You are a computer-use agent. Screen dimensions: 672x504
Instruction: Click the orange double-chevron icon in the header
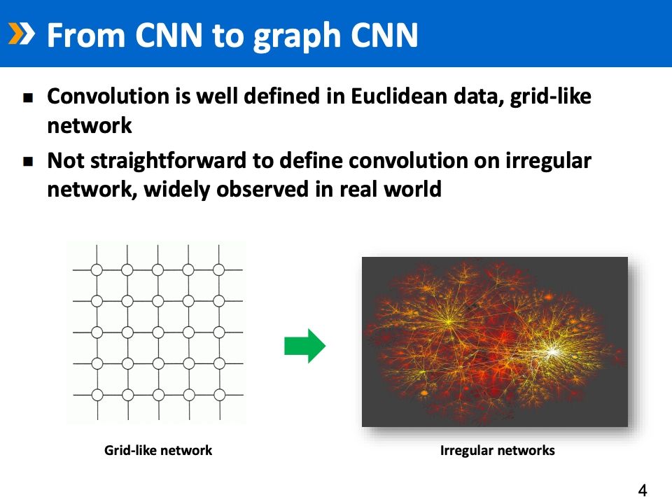coord(21,34)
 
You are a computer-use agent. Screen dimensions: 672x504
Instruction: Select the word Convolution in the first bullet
coord(108,96)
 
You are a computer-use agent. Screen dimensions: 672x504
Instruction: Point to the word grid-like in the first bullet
coord(550,97)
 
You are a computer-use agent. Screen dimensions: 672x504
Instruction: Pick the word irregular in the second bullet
coord(548,161)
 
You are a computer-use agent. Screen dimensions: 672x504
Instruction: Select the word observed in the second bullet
coord(262,189)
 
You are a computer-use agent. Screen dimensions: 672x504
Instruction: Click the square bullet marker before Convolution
coord(28,98)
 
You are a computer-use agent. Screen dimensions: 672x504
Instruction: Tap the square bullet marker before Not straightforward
coord(28,162)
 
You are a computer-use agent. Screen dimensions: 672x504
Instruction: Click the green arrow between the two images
coord(304,346)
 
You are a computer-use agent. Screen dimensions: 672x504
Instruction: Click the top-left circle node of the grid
coord(97,270)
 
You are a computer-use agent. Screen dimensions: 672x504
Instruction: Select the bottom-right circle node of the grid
coord(219,395)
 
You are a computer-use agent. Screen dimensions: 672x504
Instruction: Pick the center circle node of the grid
coord(158,332)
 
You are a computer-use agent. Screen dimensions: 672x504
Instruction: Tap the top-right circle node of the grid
coord(219,270)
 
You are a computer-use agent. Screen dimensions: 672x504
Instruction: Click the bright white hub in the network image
coord(553,352)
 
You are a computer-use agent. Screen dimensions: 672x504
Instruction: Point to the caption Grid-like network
coord(158,450)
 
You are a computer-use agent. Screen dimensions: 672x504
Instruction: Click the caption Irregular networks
coord(498,450)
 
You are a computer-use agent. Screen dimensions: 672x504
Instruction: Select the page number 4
coord(643,490)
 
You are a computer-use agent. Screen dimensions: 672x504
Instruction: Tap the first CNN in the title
coord(169,35)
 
